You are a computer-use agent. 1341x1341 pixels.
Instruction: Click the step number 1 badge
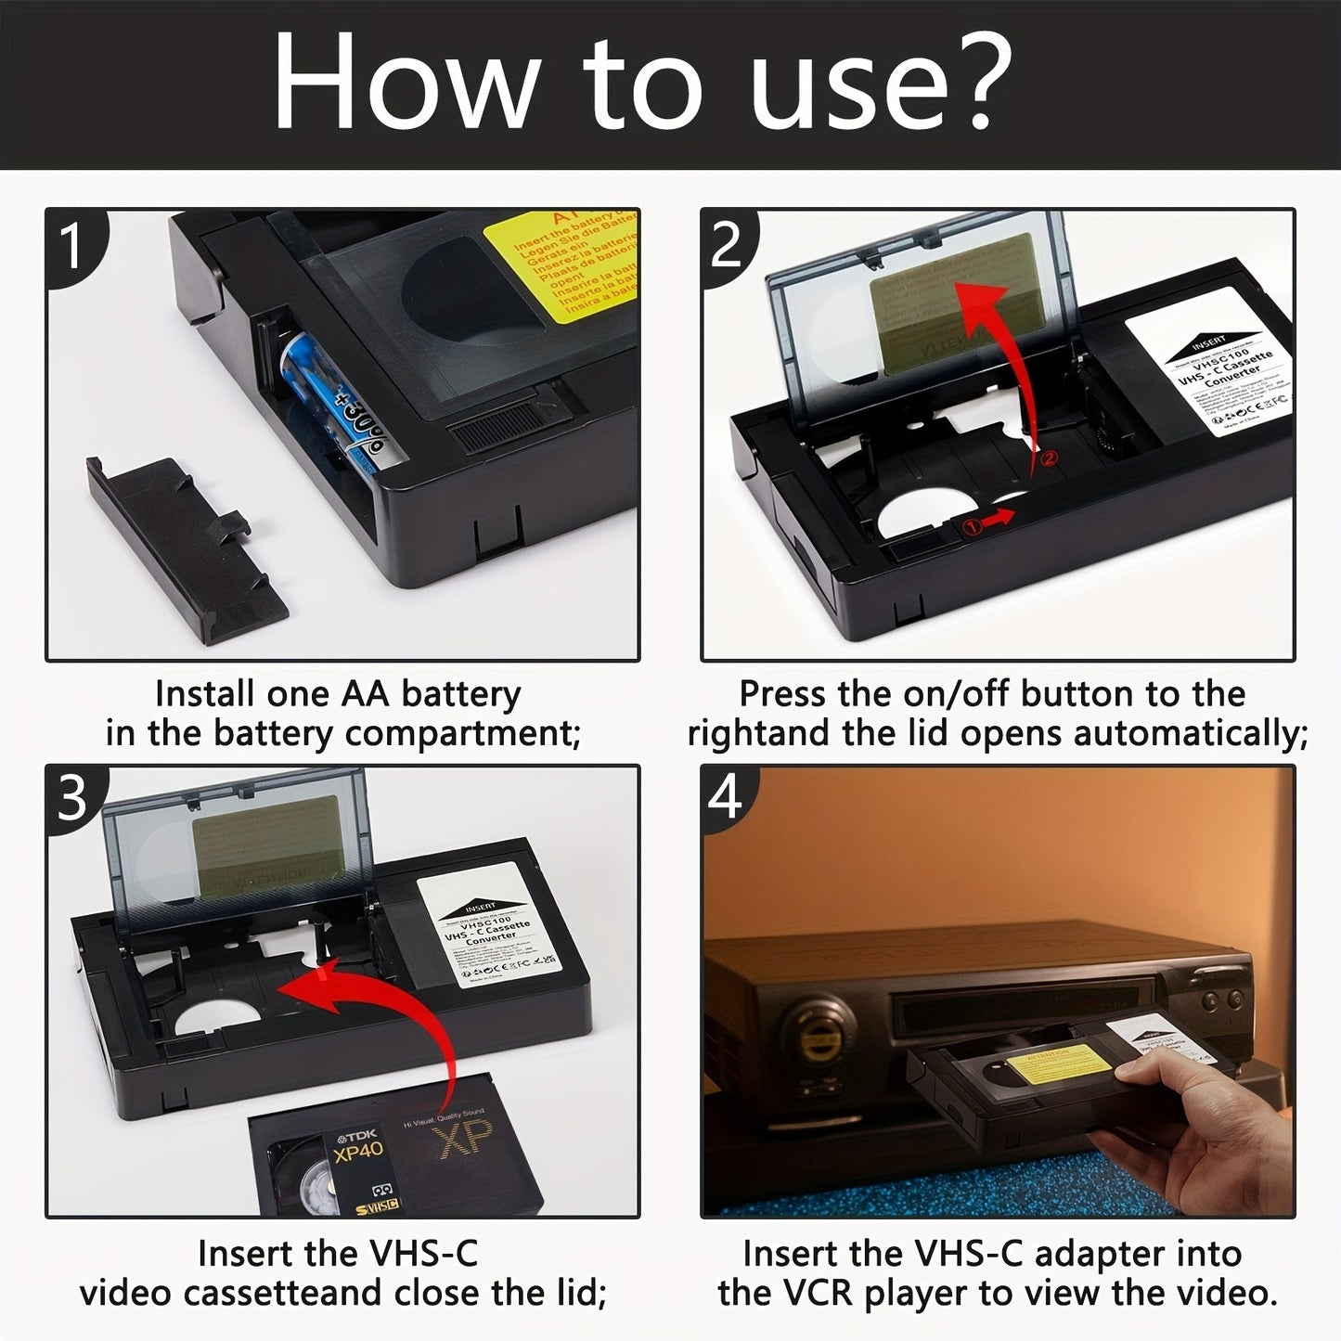point(72,243)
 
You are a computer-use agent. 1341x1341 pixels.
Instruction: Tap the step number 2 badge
point(727,243)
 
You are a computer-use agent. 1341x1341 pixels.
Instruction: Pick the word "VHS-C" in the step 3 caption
point(424,1253)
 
